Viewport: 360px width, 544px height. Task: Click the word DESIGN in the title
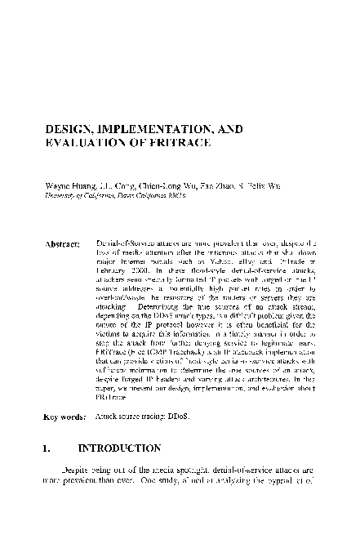(x=69, y=128)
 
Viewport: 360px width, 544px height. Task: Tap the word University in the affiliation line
(x=60, y=195)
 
